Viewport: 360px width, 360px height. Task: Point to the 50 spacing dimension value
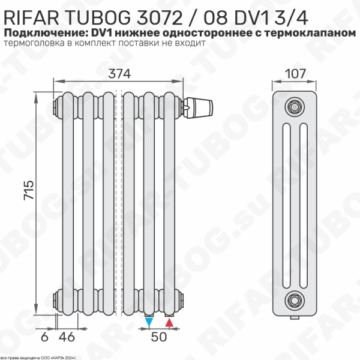click(158, 337)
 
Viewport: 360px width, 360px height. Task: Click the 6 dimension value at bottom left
click(44, 337)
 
